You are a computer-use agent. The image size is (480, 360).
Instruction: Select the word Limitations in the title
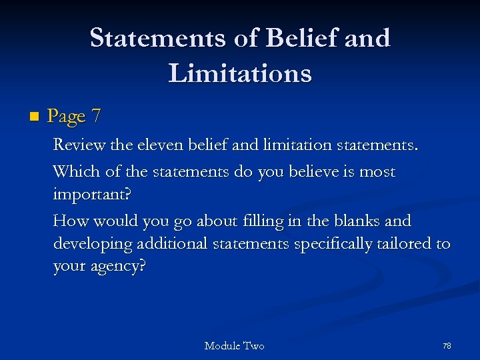tap(240, 73)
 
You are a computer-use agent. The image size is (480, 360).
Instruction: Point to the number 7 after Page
tap(97, 117)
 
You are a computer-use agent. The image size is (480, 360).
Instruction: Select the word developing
tap(93, 244)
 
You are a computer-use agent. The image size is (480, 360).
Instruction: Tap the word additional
tap(172, 243)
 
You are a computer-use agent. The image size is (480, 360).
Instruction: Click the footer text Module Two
tap(234, 345)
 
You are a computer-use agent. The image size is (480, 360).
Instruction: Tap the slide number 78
tap(447, 345)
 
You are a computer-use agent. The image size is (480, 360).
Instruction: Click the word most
tap(377, 172)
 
